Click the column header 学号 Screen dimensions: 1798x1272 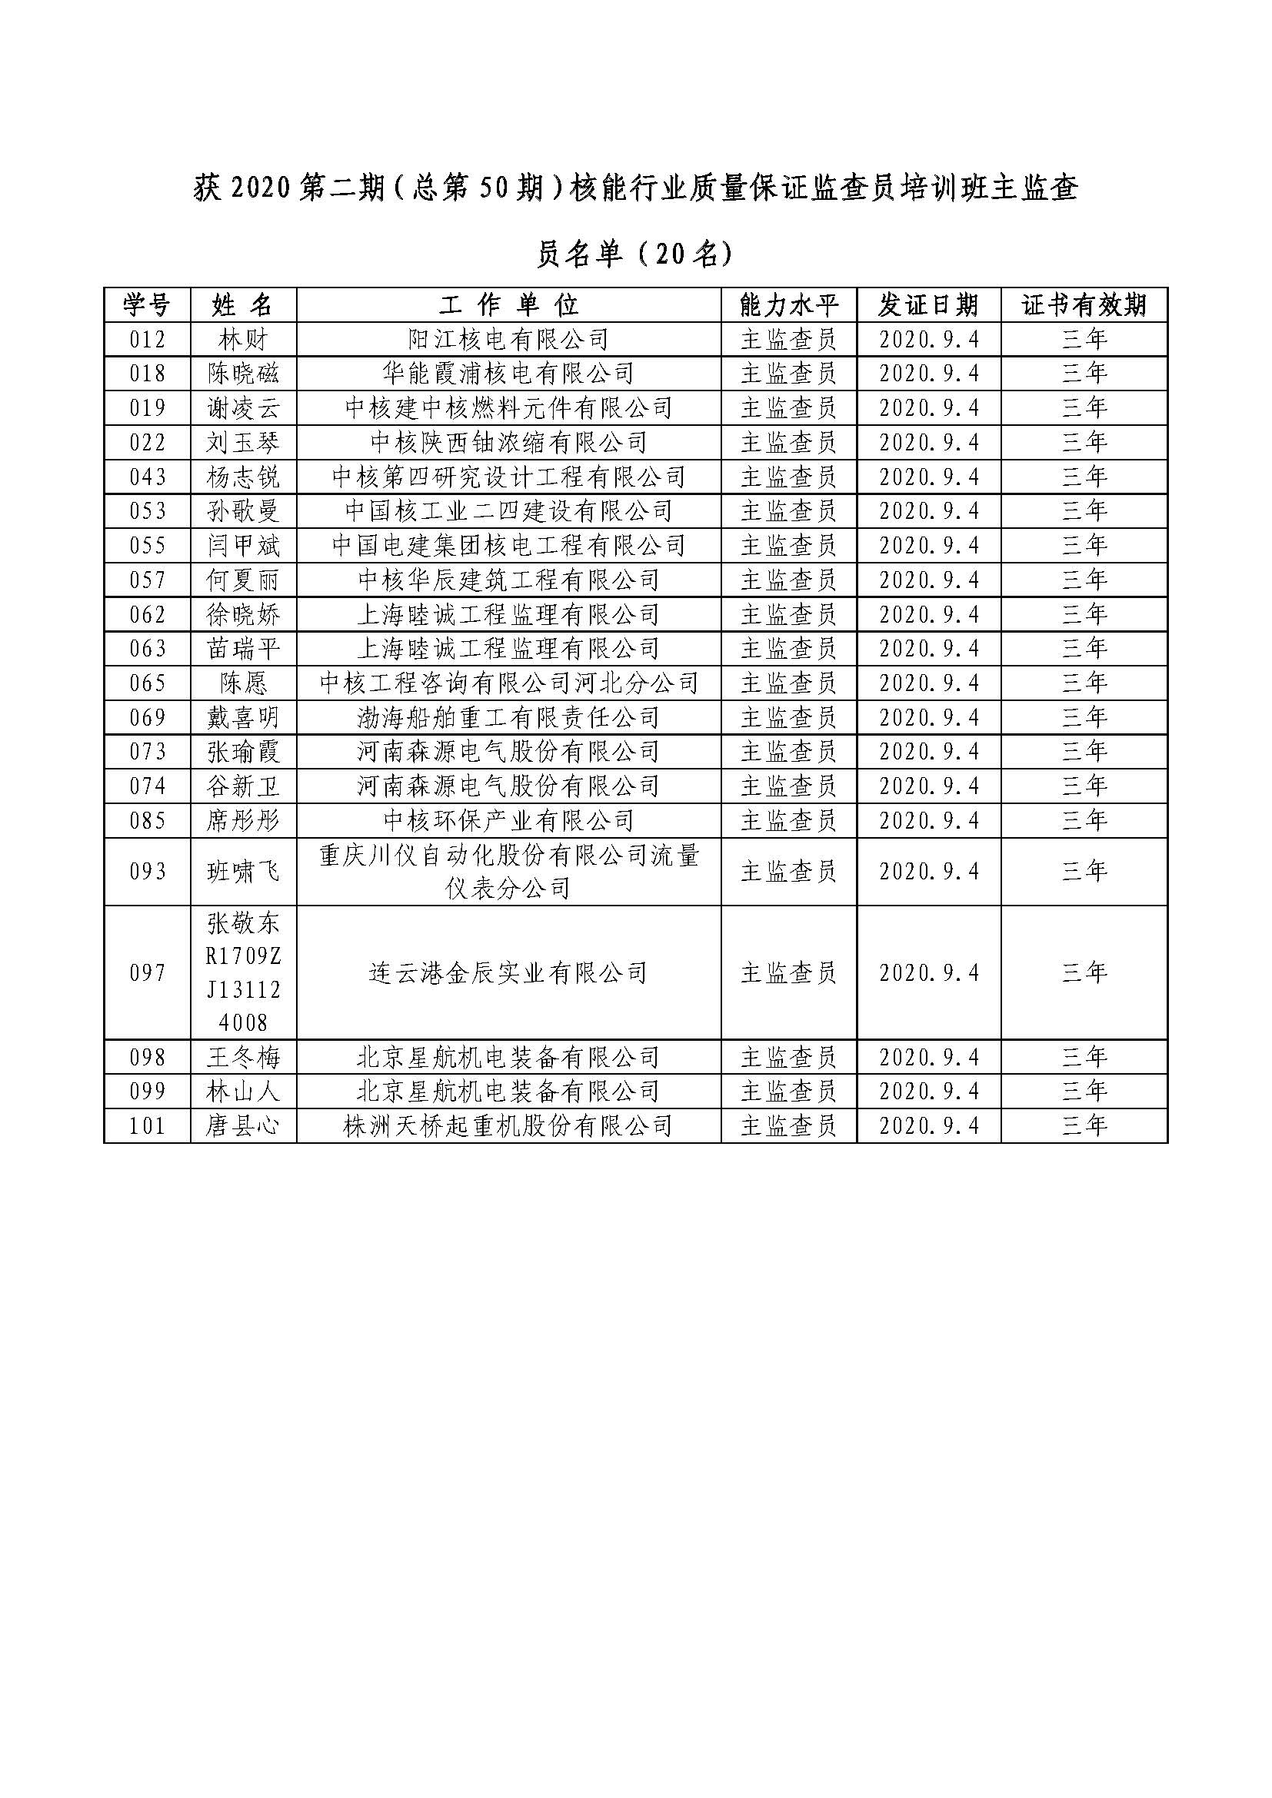tap(147, 304)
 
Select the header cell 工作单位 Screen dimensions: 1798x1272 tap(508, 304)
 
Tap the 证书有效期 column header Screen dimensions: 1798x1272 tap(1084, 304)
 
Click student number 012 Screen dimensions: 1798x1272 tap(147, 340)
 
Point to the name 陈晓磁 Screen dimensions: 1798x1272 tap(243, 374)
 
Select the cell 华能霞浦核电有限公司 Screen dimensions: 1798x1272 tap(508, 374)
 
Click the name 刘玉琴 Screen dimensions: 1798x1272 tap(243, 444)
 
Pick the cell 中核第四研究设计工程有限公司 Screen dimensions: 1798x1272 tap(508, 477)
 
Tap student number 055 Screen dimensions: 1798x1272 tap(147, 546)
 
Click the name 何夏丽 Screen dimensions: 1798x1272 tap(243, 580)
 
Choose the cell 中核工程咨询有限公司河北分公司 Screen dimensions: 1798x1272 tap(508, 683)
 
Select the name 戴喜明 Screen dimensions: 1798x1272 tap(243, 718)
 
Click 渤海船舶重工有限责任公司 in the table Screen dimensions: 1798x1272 tap(508, 718)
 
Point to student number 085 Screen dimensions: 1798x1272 tap(147, 821)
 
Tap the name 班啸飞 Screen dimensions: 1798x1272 tap(243, 872)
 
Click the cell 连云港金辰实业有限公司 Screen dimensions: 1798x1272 tap(508, 973)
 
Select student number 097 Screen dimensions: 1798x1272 tap(147, 973)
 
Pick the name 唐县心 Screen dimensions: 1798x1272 tap(243, 1126)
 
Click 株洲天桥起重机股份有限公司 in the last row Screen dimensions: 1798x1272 tap(508, 1126)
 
